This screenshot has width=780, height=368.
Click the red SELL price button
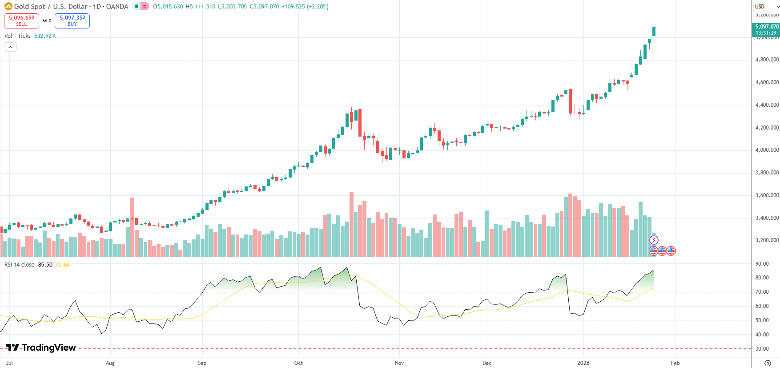pos(21,20)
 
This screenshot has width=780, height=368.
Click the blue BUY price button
pos(72,20)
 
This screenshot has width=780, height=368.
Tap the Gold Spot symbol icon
pos(8,7)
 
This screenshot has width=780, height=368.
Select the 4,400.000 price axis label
pos(767,105)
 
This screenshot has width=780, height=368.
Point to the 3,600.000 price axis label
pos(767,195)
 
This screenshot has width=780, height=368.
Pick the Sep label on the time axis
pos(202,363)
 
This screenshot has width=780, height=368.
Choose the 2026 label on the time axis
pos(583,363)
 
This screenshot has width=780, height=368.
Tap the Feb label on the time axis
pos(675,363)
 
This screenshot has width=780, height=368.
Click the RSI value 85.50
pos(45,265)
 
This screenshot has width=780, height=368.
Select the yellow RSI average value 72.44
pos(62,265)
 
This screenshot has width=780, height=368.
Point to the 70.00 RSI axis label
pos(762,292)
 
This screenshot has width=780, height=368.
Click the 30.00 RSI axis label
pos(762,349)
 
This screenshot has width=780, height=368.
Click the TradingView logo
pos(41,348)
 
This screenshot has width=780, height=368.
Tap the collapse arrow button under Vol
pos(10,47)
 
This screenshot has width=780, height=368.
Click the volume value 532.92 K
pos(45,36)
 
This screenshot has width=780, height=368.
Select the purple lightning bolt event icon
pos(653,240)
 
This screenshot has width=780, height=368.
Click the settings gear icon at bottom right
pos(767,363)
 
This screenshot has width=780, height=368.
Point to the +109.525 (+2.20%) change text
pos(305,7)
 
